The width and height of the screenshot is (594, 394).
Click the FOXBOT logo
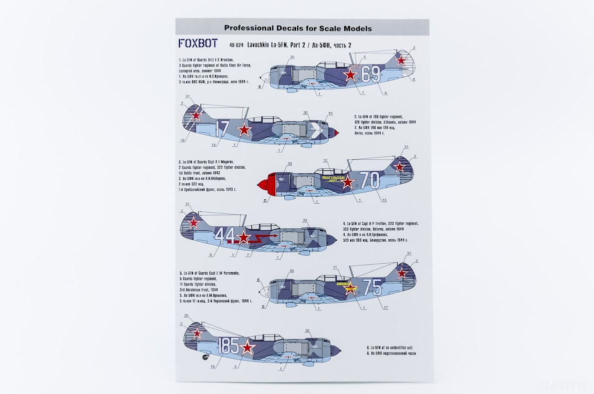(198, 43)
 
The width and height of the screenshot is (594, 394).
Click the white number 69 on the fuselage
(371, 75)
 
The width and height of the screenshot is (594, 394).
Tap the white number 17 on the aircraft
(222, 129)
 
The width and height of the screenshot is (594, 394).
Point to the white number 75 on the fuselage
(372, 287)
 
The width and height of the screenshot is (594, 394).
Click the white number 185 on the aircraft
(229, 345)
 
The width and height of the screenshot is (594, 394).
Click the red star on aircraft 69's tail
(401, 61)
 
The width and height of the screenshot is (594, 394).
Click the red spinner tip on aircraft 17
(337, 133)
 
